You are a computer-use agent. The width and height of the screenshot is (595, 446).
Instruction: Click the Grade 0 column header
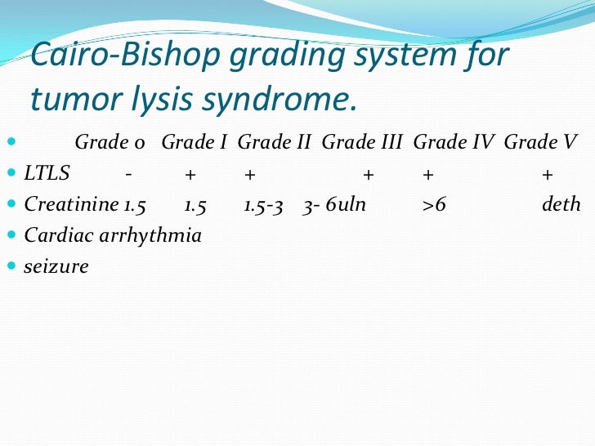(x=110, y=143)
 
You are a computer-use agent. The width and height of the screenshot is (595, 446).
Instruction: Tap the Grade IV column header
(x=454, y=143)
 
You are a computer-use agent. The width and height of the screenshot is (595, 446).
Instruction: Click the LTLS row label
(x=47, y=173)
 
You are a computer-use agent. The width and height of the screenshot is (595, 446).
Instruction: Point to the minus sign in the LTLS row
(x=128, y=173)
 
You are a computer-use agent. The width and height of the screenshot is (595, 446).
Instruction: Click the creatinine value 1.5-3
(x=263, y=204)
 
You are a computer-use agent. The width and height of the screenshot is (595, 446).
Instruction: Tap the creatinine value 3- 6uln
(x=333, y=204)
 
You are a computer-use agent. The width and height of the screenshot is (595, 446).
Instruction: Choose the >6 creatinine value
(x=434, y=204)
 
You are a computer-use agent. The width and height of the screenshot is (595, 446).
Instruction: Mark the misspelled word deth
(x=561, y=204)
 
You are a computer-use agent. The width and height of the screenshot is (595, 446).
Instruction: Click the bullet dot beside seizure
(x=11, y=266)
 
